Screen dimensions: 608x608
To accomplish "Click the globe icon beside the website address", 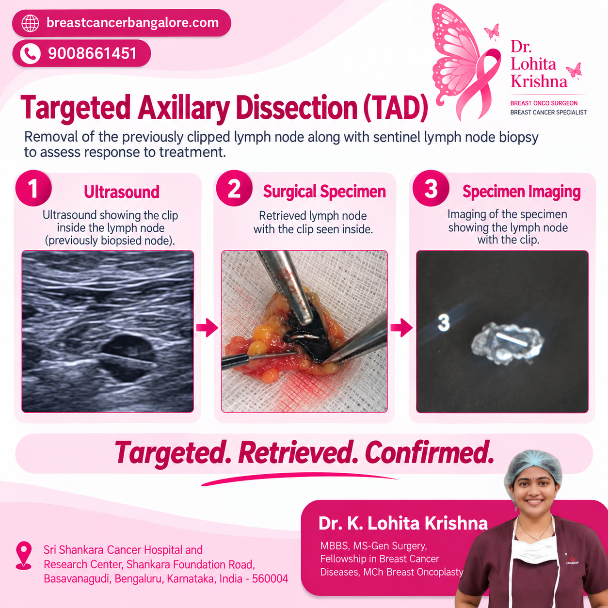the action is tap(30, 23).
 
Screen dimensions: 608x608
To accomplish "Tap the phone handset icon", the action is tap(30, 53).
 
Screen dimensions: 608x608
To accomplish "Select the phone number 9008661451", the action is tap(92, 53).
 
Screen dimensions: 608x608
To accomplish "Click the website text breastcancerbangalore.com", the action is tap(132, 23).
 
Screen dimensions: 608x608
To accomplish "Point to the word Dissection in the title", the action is tap(297, 108).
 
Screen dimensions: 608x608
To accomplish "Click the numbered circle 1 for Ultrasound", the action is tap(33, 188).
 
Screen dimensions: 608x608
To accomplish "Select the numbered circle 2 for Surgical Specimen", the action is tap(234, 188).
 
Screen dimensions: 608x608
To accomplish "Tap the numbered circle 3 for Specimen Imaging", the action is tap(431, 188).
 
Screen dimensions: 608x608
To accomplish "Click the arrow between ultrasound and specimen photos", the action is tap(207, 328).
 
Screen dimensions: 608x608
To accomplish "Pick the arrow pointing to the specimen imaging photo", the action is tap(401, 328).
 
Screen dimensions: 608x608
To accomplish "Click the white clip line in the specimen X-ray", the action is tap(512, 339).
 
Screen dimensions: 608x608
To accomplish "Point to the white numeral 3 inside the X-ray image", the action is tap(444, 323).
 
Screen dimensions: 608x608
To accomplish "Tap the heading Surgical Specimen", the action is tap(325, 192).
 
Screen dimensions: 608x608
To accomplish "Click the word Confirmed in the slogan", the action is tap(429, 453).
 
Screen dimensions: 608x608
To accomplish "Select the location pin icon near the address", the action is tap(24, 556).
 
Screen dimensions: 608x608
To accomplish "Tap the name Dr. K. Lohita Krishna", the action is tap(403, 524).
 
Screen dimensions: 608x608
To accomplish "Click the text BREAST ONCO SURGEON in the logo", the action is tap(544, 103).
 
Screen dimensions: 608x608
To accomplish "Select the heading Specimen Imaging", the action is tap(521, 192).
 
